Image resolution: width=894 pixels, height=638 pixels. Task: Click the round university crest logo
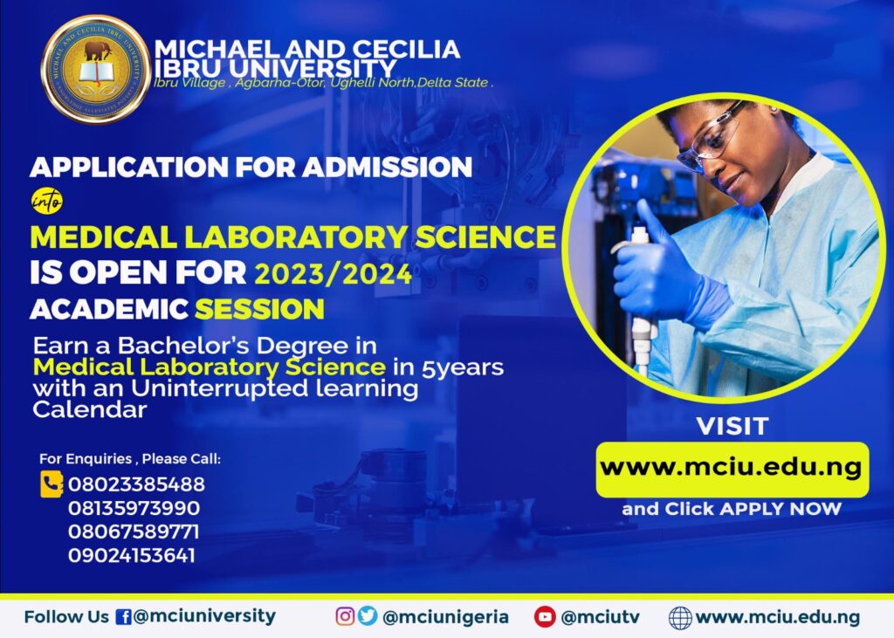pos(95,69)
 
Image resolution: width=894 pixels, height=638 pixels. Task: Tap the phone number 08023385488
pos(136,484)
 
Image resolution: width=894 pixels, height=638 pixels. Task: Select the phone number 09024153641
pos(132,555)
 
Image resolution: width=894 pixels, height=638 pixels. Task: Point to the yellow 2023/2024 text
pos(333,274)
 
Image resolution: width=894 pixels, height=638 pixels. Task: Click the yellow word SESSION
pos(259,309)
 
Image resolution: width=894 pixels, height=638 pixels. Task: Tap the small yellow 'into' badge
pos(46,202)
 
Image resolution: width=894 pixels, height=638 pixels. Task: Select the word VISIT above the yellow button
pos(732,427)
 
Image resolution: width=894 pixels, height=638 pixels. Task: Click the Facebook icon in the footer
pos(123,617)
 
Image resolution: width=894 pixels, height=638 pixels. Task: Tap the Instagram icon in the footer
pos(346,617)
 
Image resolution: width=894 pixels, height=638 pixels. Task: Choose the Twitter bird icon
pos(368,617)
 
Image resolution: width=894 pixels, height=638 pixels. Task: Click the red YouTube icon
pos(546,617)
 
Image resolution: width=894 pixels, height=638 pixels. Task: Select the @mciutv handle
pos(601,617)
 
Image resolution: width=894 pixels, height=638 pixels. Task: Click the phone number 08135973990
pos(134,508)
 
